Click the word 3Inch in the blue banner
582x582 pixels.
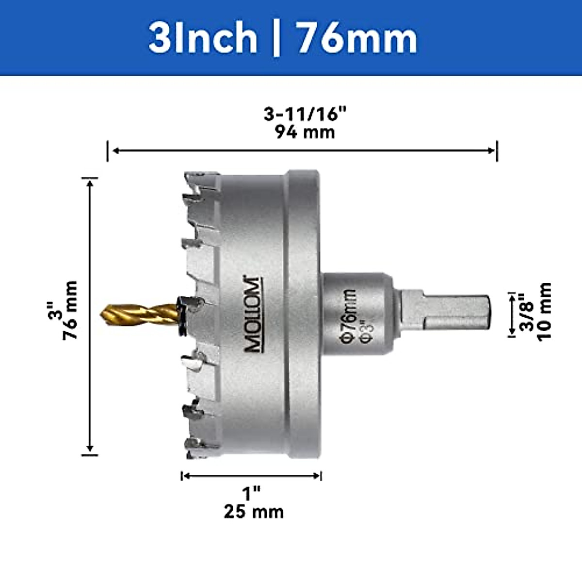click(203, 38)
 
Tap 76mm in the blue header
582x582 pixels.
click(356, 38)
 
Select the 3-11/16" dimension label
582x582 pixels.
click(306, 114)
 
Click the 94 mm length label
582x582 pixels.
click(305, 132)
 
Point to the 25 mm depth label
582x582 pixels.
click(254, 512)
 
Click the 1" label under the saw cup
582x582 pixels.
click(252, 494)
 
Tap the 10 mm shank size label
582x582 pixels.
click(544, 312)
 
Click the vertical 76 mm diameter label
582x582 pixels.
click(70, 310)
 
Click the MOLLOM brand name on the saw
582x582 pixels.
click(253, 314)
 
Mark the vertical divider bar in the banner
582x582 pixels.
click(276, 38)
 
